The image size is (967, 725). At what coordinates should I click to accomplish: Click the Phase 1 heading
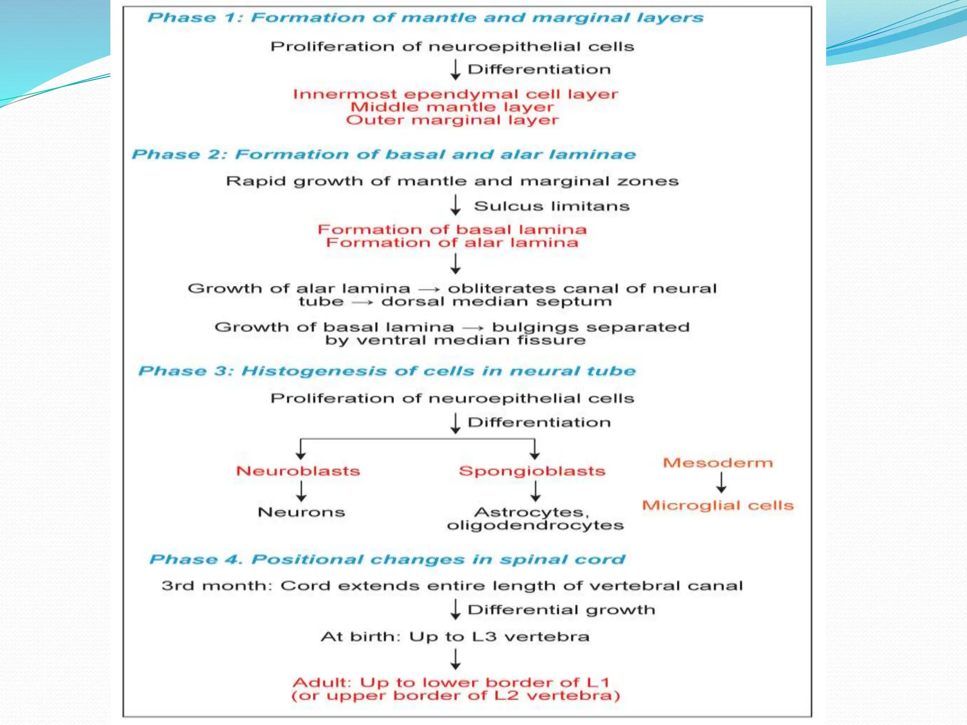click(x=425, y=18)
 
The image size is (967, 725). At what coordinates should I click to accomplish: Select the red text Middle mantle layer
click(x=452, y=107)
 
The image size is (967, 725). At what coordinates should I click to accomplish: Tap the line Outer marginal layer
click(x=452, y=120)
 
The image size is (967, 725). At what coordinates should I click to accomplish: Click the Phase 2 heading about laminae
click(x=383, y=154)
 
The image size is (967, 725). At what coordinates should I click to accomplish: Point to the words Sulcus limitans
click(x=551, y=206)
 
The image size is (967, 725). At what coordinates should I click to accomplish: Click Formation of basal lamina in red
click(x=452, y=229)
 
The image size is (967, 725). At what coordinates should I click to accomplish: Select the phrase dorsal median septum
click(x=496, y=302)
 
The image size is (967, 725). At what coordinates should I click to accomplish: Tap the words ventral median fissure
click(x=471, y=340)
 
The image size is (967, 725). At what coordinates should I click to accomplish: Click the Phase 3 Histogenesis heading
click(x=387, y=371)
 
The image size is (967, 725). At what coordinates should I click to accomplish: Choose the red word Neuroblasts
click(x=298, y=471)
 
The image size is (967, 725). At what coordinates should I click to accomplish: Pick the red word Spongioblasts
click(x=532, y=471)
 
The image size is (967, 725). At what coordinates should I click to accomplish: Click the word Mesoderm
click(x=718, y=463)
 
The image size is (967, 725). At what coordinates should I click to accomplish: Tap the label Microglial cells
click(x=718, y=506)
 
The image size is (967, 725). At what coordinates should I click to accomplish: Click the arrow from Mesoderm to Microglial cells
click(x=721, y=483)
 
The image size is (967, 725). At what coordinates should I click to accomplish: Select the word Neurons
click(x=301, y=512)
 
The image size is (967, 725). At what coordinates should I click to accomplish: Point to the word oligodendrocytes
click(x=535, y=525)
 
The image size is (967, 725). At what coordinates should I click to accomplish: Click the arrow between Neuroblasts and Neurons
click(x=301, y=491)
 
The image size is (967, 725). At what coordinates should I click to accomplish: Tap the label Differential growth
click(x=561, y=610)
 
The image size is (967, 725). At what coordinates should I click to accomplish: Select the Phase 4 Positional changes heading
click(x=387, y=559)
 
